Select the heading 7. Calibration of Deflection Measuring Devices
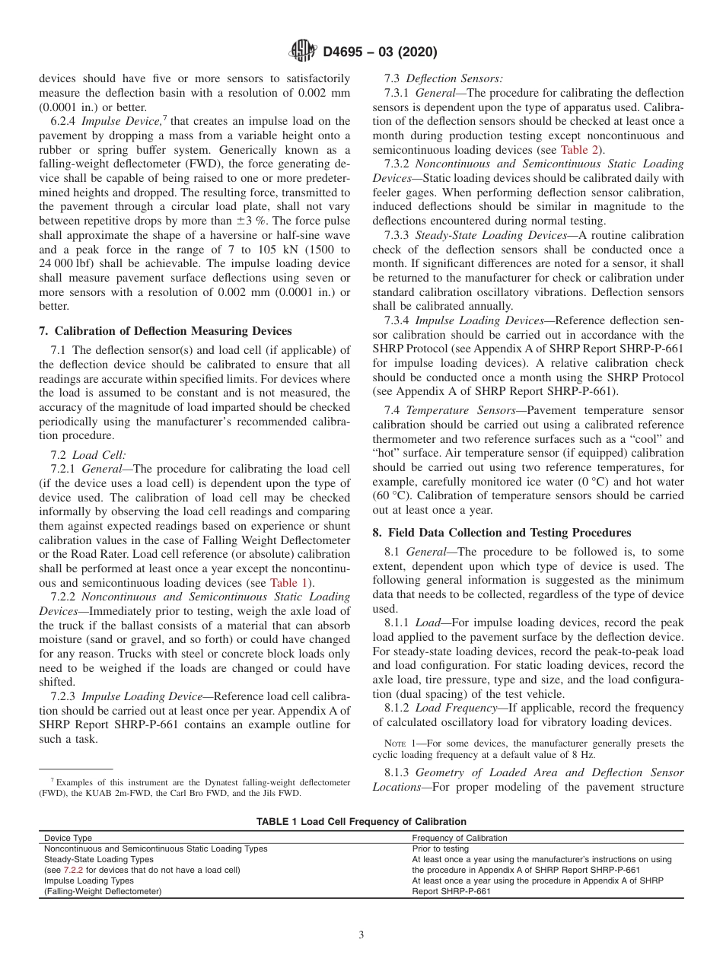click(x=164, y=330)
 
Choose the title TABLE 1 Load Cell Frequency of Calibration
click(x=361, y=821)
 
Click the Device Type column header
click(x=68, y=838)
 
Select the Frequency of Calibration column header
click(x=459, y=838)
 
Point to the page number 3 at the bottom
click(x=361, y=935)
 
